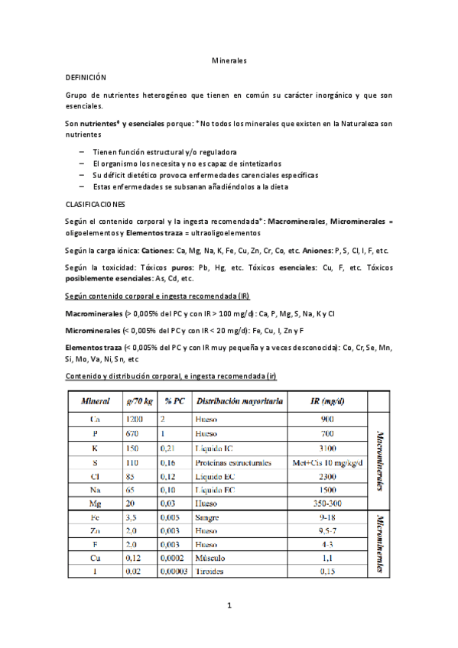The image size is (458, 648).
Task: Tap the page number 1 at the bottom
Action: (229, 606)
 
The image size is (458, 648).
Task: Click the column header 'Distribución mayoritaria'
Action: (239, 400)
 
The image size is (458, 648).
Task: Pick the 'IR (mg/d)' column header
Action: (326, 400)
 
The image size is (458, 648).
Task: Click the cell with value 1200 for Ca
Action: (134, 419)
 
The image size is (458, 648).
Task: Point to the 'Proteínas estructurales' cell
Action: (233, 462)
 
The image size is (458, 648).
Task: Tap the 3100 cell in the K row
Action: (326, 448)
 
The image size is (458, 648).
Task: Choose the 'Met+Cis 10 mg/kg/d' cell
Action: (327, 462)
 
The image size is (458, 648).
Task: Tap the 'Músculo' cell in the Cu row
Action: (210, 558)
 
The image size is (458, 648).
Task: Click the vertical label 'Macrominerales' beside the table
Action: (380, 462)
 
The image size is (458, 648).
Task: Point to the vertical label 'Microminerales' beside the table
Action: (380, 544)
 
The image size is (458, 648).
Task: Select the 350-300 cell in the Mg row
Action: (326, 505)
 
